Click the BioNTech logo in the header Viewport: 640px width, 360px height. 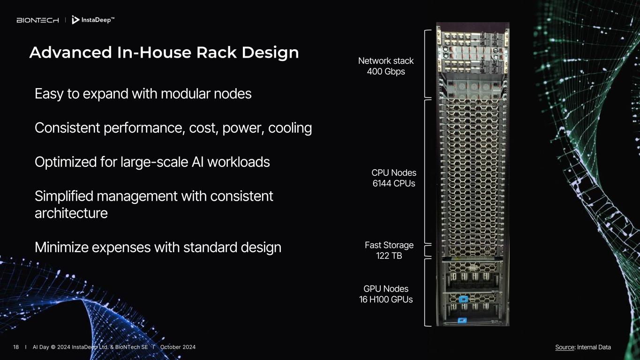point(38,20)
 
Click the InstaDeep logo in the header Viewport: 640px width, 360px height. point(93,20)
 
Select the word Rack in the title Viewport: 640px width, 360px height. point(217,52)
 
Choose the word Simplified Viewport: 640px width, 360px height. point(63,196)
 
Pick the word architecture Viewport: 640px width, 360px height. point(71,213)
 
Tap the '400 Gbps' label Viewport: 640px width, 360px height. point(386,72)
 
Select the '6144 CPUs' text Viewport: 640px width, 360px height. point(394,183)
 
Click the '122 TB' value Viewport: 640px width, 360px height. point(389,256)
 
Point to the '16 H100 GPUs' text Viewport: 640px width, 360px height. point(386,300)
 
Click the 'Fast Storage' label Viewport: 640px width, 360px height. point(389,245)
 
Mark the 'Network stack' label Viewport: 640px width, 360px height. point(386,61)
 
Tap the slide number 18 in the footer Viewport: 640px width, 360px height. point(16,347)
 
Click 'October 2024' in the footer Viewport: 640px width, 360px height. point(178,347)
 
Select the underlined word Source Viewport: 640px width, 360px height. point(565,347)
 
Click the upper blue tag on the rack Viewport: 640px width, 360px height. point(463,299)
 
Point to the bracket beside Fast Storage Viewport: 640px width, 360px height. point(427,250)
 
